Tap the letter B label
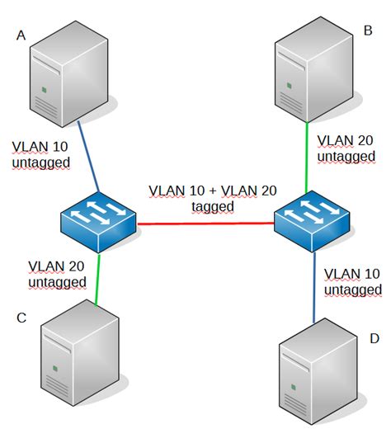368,32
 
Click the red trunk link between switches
206,224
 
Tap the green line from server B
308,157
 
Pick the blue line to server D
314,289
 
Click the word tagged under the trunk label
213,206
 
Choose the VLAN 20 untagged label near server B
346,148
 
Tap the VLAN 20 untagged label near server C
56,274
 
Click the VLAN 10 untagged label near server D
353,281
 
